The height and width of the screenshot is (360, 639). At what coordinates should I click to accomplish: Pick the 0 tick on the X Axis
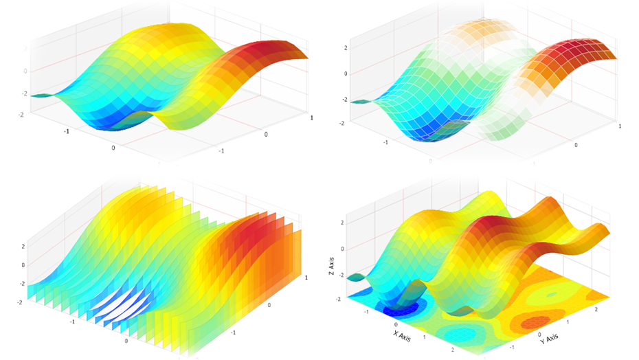coord(396,322)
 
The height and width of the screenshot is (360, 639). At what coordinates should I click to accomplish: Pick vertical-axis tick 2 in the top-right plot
coord(346,49)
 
